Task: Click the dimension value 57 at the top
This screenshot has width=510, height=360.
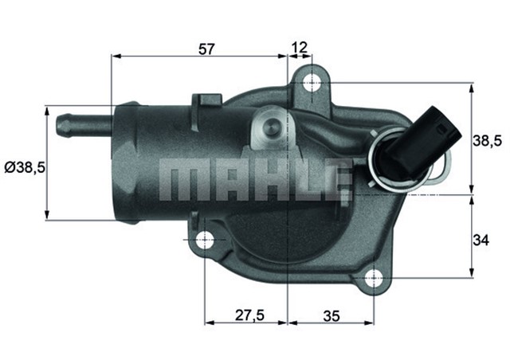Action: click(206, 49)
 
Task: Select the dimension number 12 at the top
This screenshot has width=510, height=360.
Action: click(300, 49)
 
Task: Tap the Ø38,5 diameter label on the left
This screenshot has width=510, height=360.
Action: click(25, 167)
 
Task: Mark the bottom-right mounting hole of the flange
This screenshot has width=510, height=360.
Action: click(372, 277)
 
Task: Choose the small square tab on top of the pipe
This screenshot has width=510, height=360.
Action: click(207, 102)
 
